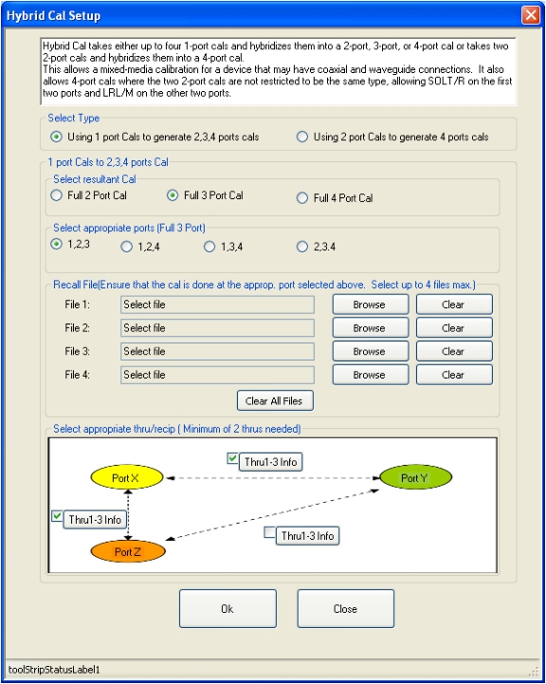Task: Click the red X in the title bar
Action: [x=531, y=15]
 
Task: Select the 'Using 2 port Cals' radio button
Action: [x=302, y=137]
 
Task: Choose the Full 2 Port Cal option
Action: [x=56, y=195]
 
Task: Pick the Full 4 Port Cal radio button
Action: [x=302, y=198]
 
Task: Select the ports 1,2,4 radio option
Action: [x=126, y=247]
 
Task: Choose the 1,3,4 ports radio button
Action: [x=209, y=247]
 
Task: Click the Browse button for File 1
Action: [x=371, y=305]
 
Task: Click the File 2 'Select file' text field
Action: [x=217, y=328]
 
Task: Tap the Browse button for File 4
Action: [x=371, y=375]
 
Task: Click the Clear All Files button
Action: [x=275, y=401]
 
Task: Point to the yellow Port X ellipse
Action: [x=126, y=477]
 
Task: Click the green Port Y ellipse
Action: [x=416, y=477]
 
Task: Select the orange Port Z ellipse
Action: [x=128, y=551]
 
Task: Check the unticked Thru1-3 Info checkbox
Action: [x=270, y=532]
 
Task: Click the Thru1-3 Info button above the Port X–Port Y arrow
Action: [x=270, y=462]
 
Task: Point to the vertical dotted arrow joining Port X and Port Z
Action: [x=128, y=515]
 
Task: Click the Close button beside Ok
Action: [x=346, y=608]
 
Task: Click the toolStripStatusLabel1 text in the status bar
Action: [x=54, y=670]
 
